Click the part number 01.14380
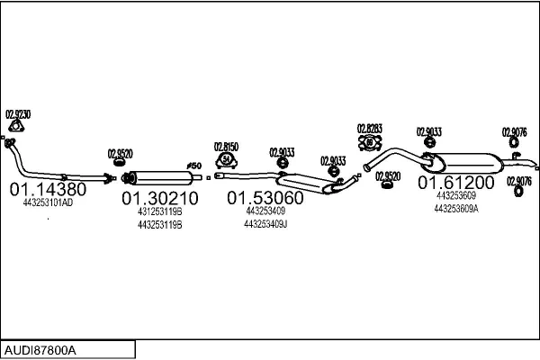(48, 190)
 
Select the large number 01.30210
(159, 197)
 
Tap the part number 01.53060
(265, 197)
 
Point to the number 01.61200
(455, 182)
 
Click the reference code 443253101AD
(48, 203)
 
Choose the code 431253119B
(159, 211)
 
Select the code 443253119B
(159, 224)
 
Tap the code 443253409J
(265, 224)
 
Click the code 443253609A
(455, 208)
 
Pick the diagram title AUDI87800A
(40, 348)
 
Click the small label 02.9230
(18, 114)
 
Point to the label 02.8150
(226, 146)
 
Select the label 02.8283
(370, 128)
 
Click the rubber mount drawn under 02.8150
(226, 161)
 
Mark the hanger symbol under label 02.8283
(370, 142)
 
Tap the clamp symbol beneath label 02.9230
(12, 141)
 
